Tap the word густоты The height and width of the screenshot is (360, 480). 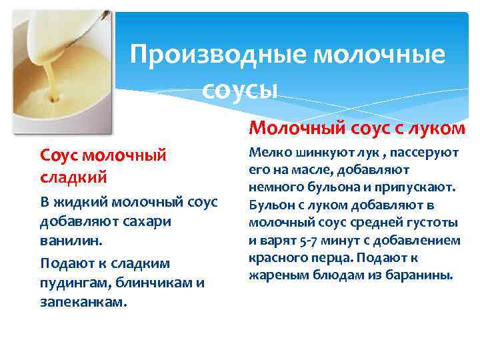pos(431,222)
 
